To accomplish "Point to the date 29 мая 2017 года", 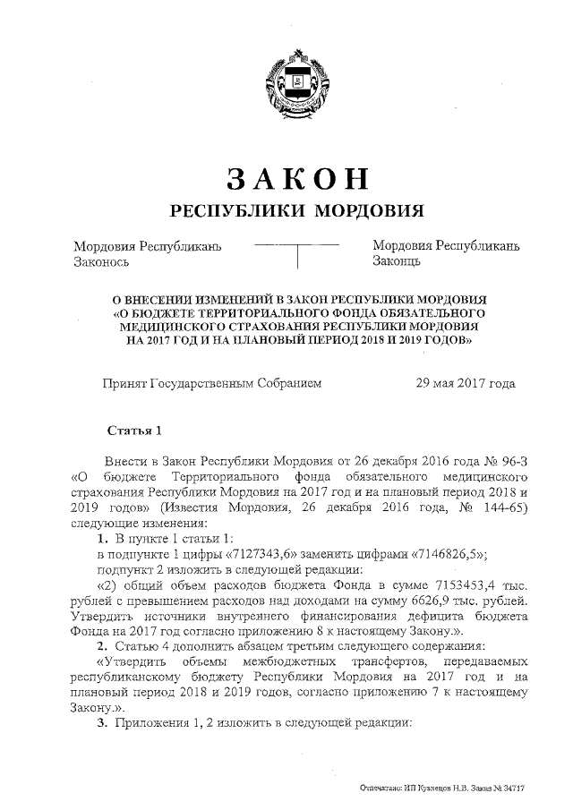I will coord(466,384).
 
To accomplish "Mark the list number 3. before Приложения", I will coord(102,722).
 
